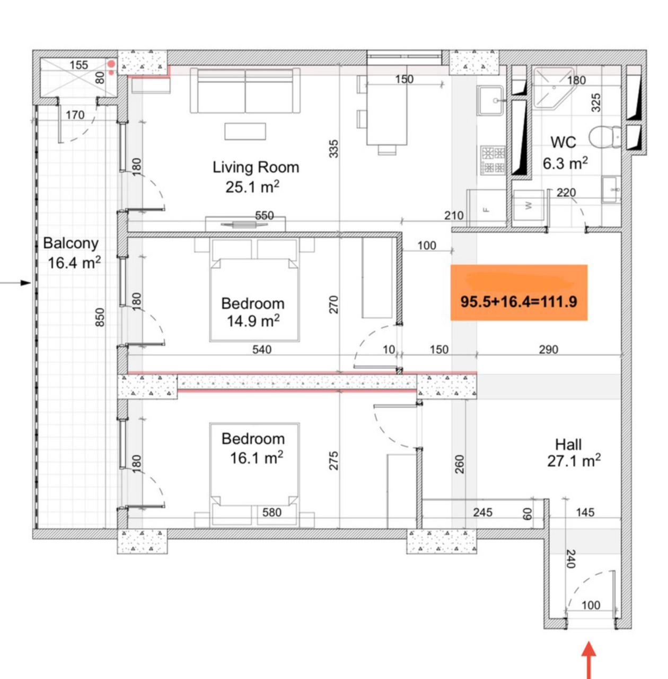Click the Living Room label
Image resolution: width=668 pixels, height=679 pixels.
[x=256, y=168]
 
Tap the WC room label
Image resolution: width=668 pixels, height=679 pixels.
[x=563, y=143]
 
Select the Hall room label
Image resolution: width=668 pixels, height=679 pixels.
[x=568, y=445]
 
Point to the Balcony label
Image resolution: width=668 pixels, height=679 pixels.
[x=71, y=243]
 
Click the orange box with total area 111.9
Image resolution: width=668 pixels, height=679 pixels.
[x=518, y=293]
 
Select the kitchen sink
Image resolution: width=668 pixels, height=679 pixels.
[x=491, y=101]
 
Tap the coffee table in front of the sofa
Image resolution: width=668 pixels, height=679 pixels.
[x=245, y=131]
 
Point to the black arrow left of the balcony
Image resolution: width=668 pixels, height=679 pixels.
[x=16, y=283]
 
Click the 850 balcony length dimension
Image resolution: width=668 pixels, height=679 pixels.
[x=100, y=317]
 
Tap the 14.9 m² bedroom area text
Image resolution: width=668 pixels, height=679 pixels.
[x=253, y=321]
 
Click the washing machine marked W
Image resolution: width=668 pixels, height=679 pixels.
[x=529, y=206]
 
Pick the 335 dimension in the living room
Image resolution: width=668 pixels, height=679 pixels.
[x=333, y=149]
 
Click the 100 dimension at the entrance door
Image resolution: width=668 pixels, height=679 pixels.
[x=591, y=605]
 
